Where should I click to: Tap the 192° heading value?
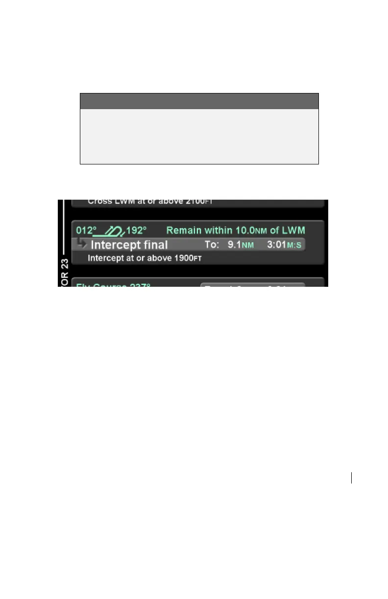137,230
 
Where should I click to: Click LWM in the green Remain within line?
294,230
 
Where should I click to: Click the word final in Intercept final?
154,245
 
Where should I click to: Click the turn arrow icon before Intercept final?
81,244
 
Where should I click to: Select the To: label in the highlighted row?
212,245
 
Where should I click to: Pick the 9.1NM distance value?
241,245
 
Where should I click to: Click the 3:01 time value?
276,245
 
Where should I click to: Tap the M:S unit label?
294,245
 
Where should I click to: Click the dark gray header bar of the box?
199,101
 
